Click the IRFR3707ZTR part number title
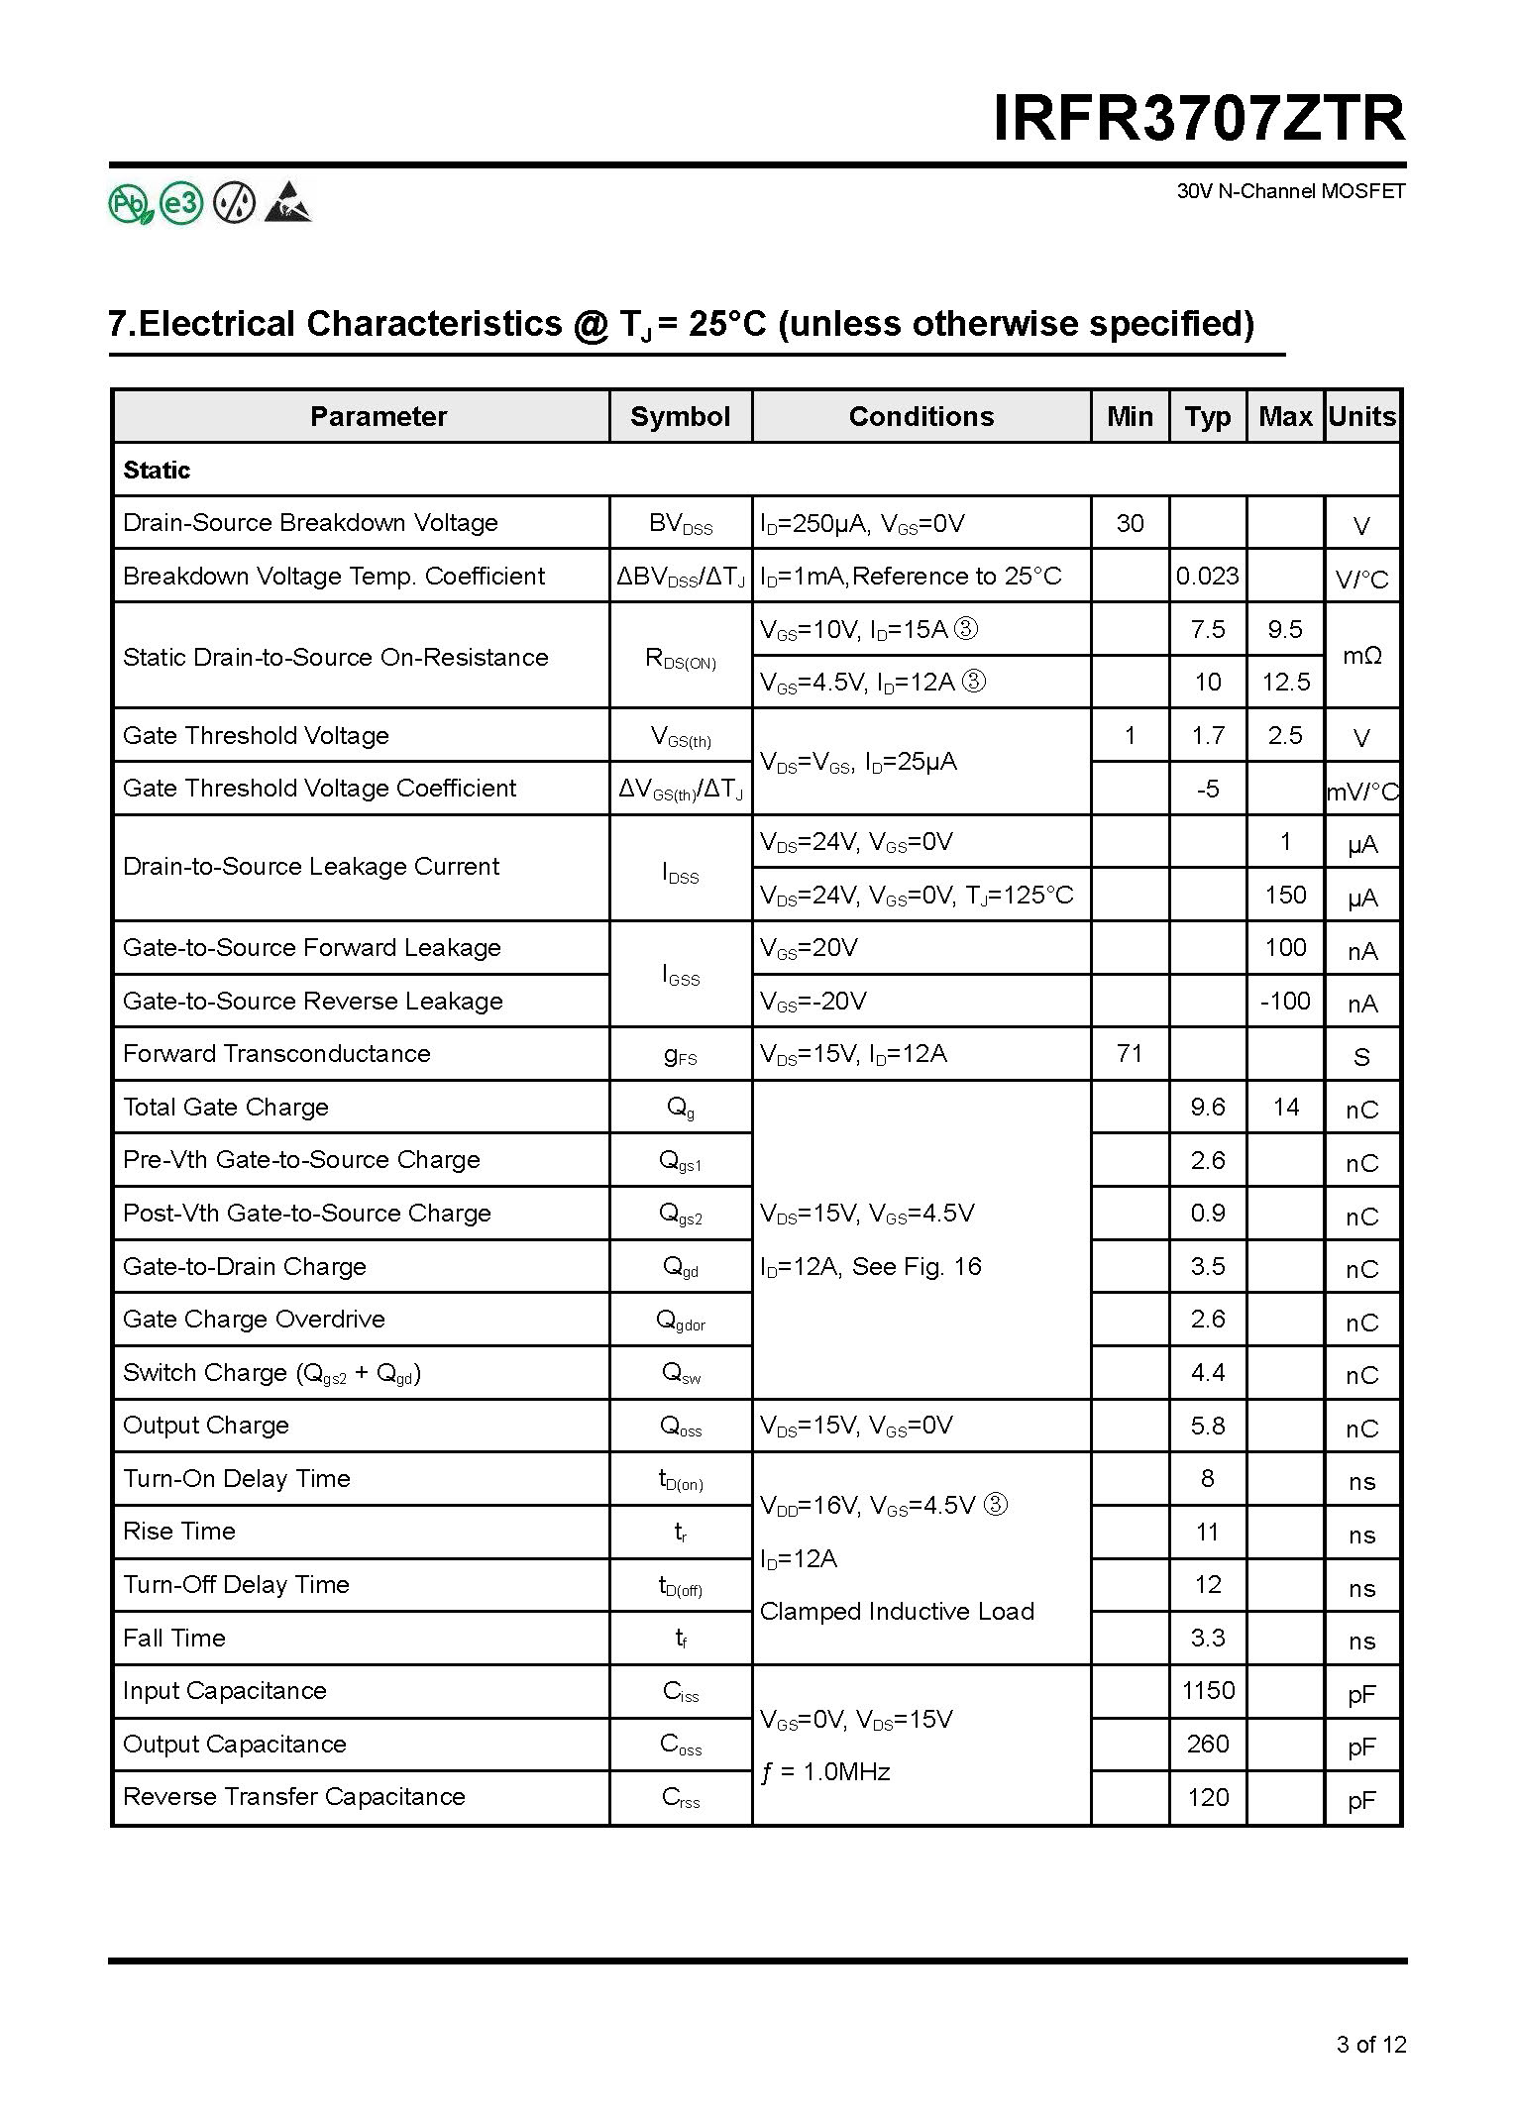[x=1199, y=119]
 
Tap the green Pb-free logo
[x=130, y=204]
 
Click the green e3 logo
[x=181, y=204]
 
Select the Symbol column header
[x=680, y=417]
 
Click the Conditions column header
[x=920, y=417]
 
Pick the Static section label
[x=157, y=471]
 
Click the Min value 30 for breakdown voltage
[x=1130, y=523]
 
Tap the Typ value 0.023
[x=1207, y=577]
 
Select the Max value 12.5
[x=1285, y=683]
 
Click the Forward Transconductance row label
[x=276, y=1054]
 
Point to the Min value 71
[x=1130, y=1054]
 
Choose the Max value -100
[x=1285, y=1002]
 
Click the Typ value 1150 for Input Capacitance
[x=1208, y=1691]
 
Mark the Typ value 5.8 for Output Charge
[x=1208, y=1427]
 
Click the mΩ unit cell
[x=1361, y=656]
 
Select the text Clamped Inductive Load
[x=897, y=1612]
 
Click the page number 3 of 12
[x=1370, y=2044]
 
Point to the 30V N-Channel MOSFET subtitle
[x=1290, y=191]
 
